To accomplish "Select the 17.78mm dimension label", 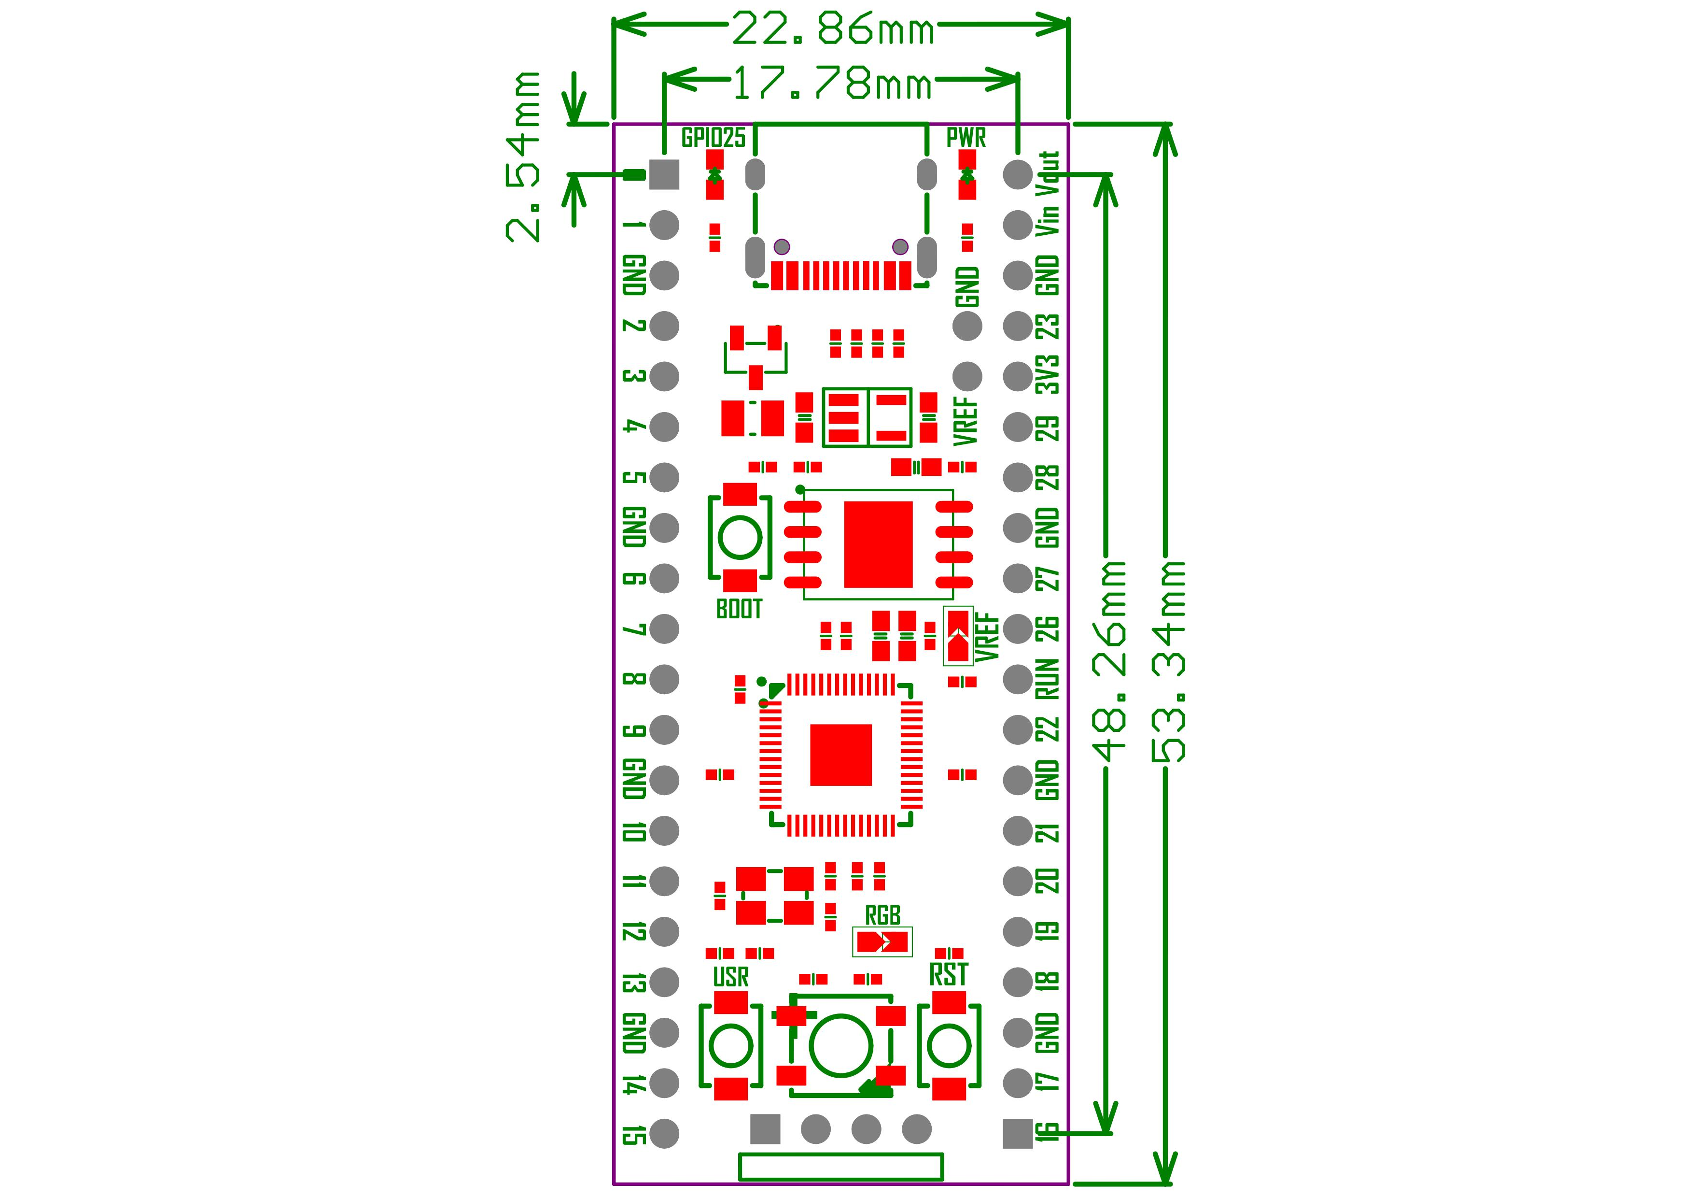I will tap(832, 84).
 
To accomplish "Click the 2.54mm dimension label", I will tap(522, 157).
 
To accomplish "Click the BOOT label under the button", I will tap(739, 609).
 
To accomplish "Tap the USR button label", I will tap(730, 977).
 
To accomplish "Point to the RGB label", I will tap(882, 916).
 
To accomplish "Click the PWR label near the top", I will tap(966, 137).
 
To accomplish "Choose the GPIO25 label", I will tap(713, 137).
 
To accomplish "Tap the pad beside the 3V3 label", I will tap(1018, 376).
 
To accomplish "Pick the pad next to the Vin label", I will tap(1018, 225).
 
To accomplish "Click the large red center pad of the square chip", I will tap(840, 755).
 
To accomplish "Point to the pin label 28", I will tap(1049, 478).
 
